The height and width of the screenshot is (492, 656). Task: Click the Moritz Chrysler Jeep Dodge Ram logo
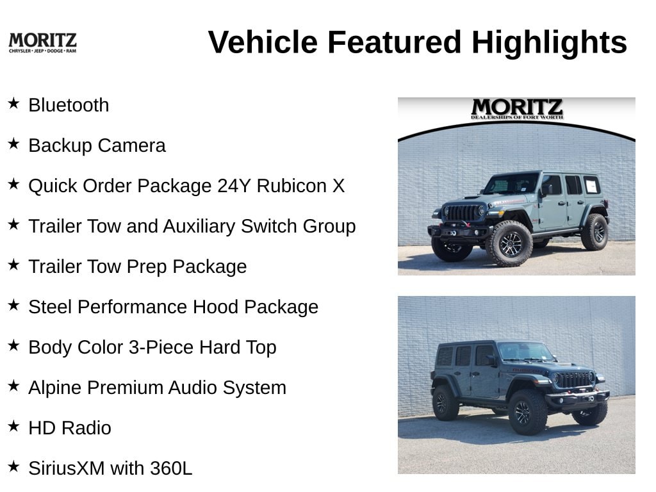coord(43,43)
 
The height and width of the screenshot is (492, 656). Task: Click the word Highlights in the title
coord(549,43)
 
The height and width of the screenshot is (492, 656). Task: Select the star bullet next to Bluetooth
coord(14,103)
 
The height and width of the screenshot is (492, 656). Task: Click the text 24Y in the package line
coord(234,186)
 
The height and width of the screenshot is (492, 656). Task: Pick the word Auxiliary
coord(199,226)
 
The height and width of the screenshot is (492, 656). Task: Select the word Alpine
coord(55,388)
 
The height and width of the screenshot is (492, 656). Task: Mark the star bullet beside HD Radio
coord(14,426)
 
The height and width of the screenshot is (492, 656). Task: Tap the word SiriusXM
coord(67,468)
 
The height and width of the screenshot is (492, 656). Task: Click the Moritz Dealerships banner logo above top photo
coord(517,109)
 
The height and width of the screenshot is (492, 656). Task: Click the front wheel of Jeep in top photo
coord(510,243)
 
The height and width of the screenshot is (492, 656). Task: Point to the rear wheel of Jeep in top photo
coord(595,232)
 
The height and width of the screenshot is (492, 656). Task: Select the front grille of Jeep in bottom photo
coord(574,379)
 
